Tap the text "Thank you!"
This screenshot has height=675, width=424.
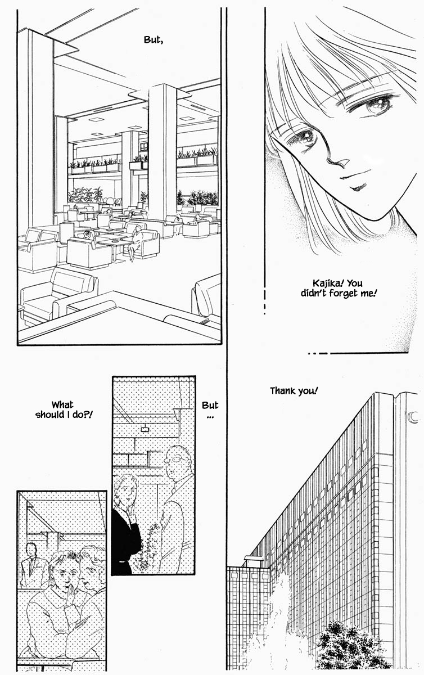pyautogui.click(x=294, y=391)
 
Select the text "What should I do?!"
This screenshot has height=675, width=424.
pyautogui.click(x=64, y=409)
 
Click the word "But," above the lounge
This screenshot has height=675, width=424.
pyautogui.click(x=154, y=40)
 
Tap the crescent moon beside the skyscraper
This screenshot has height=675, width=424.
pyautogui.click(x=412, y=417)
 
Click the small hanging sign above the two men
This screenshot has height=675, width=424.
pyautogui.click(x=145, y=429)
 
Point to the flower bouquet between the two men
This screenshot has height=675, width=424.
pyautogui.click(x=148, y=545)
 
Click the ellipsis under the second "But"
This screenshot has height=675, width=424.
pyautogui.click(x=210, y=417)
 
